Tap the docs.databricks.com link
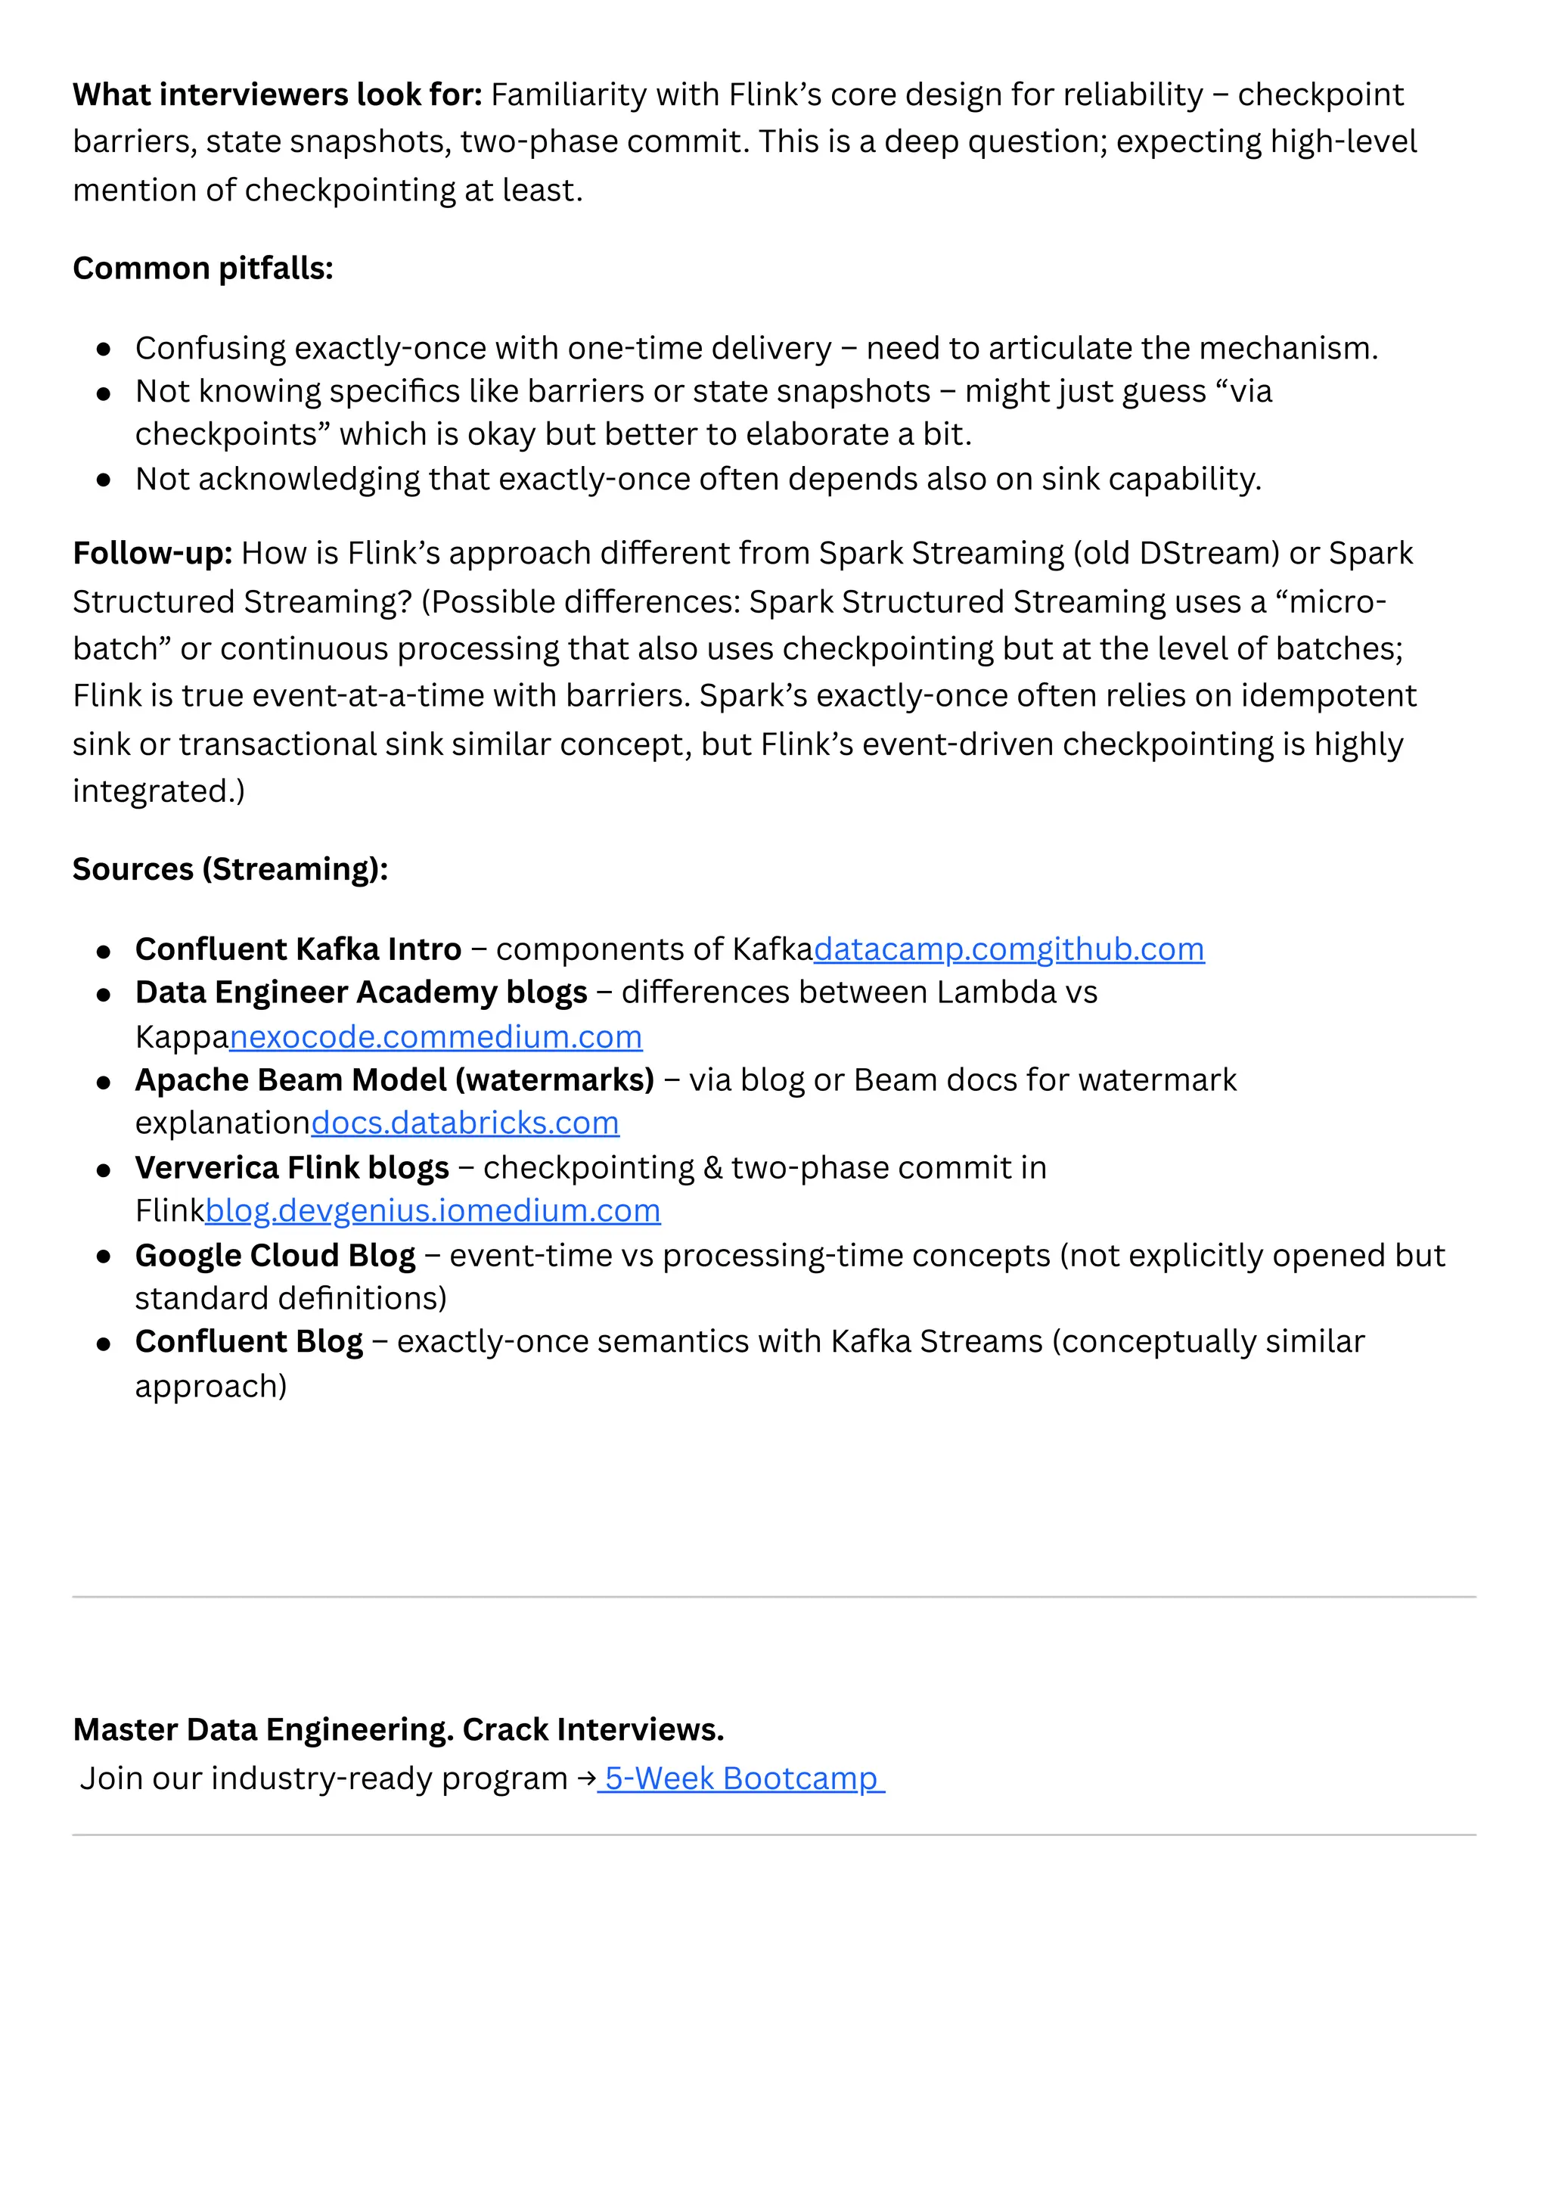464,1123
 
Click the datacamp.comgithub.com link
1008,949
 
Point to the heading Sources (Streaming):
230,869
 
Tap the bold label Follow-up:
153,553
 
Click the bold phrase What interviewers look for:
278,95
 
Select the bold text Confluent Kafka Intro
297,949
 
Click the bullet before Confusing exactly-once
104,349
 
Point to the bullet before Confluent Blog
104,1343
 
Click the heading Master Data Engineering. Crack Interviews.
398,1729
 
